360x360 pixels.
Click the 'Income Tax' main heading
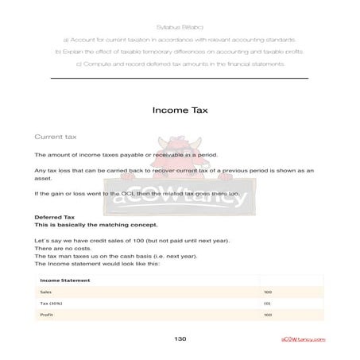[x=180, y=110]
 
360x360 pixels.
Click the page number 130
[x=180, y=339]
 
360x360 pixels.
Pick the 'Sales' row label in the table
[x=45, y=292]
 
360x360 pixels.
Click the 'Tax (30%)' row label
[x=50, y=304]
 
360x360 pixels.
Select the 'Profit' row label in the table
[x=45, y=315]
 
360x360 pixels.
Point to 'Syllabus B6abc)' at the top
[x=180, y=27]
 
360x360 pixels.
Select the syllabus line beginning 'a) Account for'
[x=180, y=39]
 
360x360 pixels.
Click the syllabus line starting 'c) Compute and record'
[x=180, y=63]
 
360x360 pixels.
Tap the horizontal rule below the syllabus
[x=180, y=78]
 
